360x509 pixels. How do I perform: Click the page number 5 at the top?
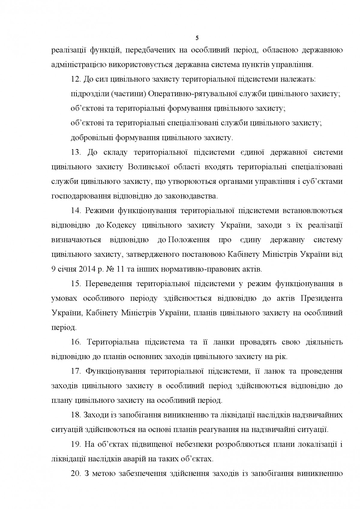197,38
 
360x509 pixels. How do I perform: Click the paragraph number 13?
76,152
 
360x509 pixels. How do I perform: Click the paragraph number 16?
76,342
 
